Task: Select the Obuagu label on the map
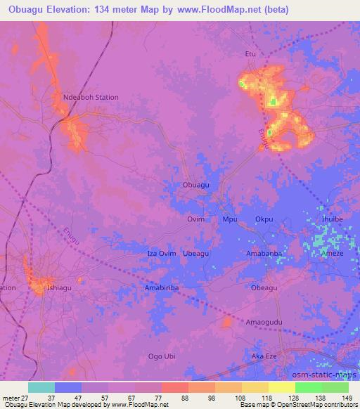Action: (x=196, y=184)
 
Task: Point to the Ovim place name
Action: (x=195, y=219)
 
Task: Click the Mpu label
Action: (x=230, y=219)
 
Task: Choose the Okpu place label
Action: (x=264, y=219)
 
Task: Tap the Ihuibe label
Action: (x=333, y=219)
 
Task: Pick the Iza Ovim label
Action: (x=161, y=253)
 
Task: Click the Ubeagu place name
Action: (x=196, y=253)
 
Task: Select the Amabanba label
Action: (x=264, y=253)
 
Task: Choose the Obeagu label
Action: (x=264, y=287)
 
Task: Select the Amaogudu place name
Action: (x=264, y=322)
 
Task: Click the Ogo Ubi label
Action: (x=161, y=356)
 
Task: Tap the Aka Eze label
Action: (x=264, y=356)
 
